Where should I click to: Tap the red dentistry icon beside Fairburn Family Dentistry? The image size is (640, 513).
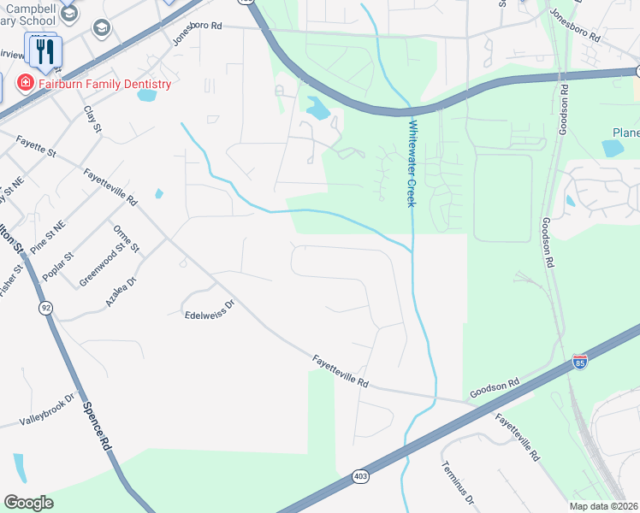(x=26, y=83)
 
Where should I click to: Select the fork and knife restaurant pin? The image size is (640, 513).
(x=44, y=50)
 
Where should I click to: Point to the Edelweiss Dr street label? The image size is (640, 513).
(x=210, y=310)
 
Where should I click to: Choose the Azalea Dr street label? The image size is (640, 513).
(x=121, y=292)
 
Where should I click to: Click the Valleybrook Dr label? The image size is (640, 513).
(x=48, y=410)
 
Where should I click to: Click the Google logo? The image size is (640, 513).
(x=28, y=503)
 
